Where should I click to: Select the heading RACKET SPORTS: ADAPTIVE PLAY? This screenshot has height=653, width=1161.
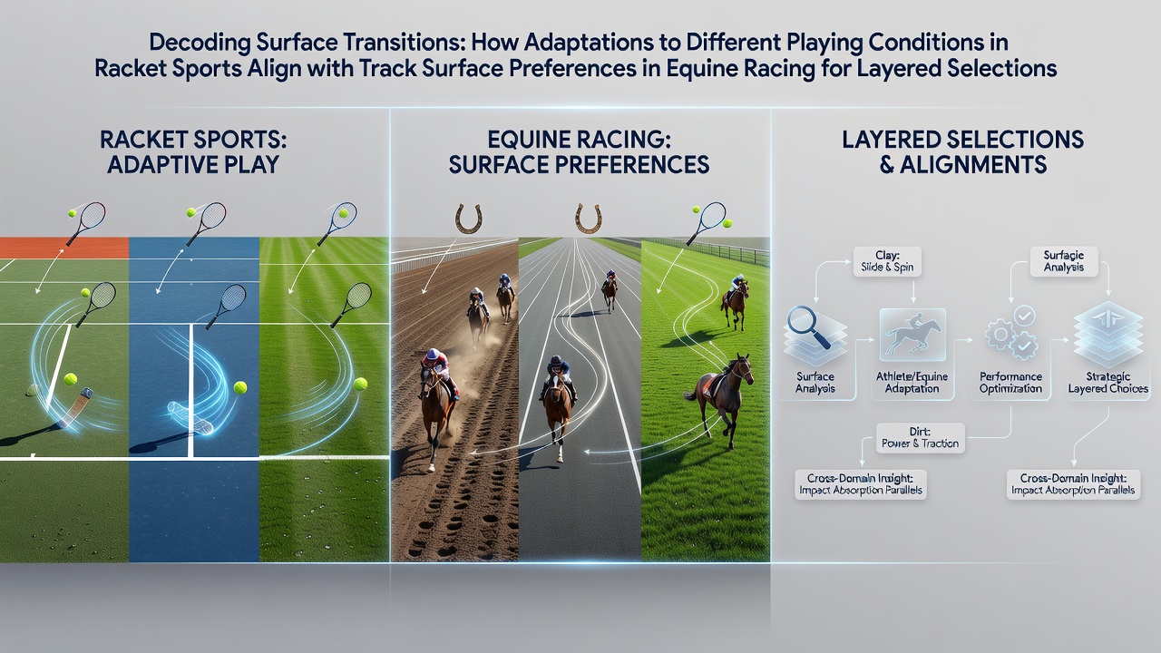tap(193, 151)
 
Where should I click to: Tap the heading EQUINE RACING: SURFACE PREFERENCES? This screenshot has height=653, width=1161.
tap(579, 151)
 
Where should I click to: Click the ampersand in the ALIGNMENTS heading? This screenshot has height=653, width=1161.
tap(887, 165)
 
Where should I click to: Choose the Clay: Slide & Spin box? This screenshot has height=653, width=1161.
tap(887, 261)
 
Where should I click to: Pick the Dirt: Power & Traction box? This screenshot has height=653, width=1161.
tap(920, 437)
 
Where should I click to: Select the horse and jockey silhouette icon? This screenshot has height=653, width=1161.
tap(912, 335)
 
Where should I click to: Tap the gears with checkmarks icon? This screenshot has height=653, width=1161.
tap(1011, 333)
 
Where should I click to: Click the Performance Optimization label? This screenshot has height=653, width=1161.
tap(1010, 383)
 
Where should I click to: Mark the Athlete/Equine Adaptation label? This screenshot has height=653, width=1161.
tap(912, 383)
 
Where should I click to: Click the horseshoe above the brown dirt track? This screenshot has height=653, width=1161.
tap(469, 219)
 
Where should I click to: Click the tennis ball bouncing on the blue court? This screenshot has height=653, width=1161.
tap(240, 387)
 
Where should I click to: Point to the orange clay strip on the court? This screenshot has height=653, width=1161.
tap(64, 248)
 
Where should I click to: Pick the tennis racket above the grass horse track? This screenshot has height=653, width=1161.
tap(707, 222)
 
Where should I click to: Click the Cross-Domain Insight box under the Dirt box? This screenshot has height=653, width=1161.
tap(861, 484)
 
